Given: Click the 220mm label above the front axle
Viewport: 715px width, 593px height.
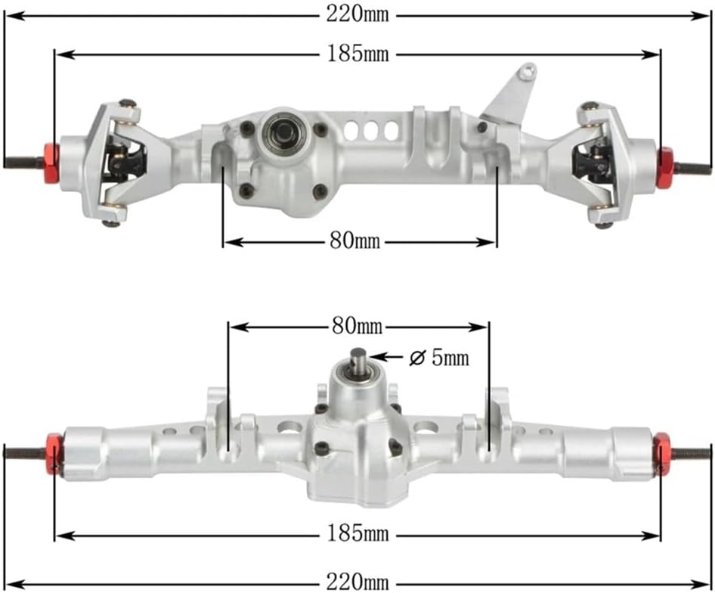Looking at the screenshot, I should pyautogui.click(x=357, y=14).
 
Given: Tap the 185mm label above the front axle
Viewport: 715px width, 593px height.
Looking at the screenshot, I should pyautogui.click(x=357, y=54).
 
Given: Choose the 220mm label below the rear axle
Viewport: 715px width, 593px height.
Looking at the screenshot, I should pyautogui.click(x=357, y=582).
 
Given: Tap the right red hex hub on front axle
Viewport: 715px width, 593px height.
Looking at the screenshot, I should pyautogui.click(x=665, y=167).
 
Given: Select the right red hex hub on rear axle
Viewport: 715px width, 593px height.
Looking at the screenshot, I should pyautogui.click(x=661, y=454).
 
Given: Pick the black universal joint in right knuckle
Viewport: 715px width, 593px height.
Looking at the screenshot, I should pyautogui.click(x=592, y=162).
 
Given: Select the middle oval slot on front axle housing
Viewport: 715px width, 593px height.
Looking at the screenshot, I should pyautogui.click(x=370, y=130).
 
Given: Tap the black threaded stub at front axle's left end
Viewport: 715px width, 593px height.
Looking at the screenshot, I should pyautogui.click(x=23, y=161).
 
